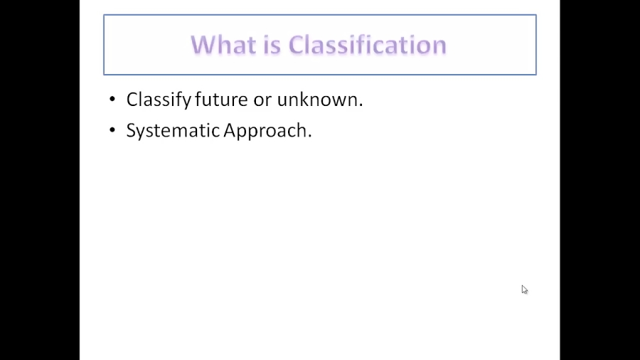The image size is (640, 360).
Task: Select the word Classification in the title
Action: [368, 45]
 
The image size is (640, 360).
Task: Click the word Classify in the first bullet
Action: [159, 100]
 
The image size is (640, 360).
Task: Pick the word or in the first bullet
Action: [262, 100]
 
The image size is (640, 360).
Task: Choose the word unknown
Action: [317, 100]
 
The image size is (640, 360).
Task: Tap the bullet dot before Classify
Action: [112, 99]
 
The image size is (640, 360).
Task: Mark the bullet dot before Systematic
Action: [112, 130]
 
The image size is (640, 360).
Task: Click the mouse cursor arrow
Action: [524, 289]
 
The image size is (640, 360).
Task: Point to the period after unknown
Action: [361, 105]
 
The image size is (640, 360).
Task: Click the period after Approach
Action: [309, 137]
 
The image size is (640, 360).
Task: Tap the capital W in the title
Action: [203, 45]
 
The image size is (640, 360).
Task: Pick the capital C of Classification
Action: [298, 45]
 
